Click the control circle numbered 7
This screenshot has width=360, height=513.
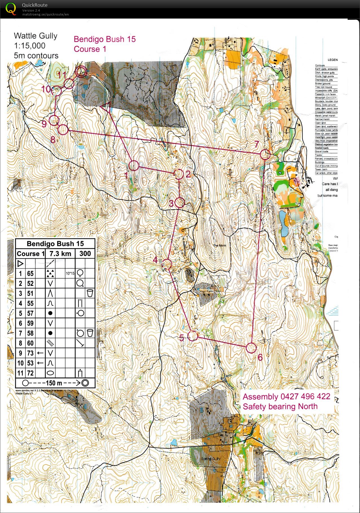(x=265, y=155)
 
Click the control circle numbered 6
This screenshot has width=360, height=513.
(x=251, y=348)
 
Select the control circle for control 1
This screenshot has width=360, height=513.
(x=134, y=166)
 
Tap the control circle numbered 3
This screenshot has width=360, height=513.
(x=180, y=202)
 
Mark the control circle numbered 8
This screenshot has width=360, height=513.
(x=63, y=130)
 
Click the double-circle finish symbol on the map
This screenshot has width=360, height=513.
(x=81, y=72)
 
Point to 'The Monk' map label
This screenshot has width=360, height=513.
(x=219, y=245)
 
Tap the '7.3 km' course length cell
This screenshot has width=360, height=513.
(x=60, y=254)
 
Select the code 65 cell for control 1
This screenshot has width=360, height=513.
(x=30, y=274)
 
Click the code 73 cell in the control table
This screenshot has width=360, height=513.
(x=30, y=353)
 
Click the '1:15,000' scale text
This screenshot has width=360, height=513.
(x=30, y=46)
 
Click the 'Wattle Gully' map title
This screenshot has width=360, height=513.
(x=36, y=36)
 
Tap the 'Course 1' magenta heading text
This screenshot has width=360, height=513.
(x=90, y=49)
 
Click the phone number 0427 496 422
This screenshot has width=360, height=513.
(x=305, y=397)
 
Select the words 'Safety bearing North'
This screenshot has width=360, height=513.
(x=280, y=406)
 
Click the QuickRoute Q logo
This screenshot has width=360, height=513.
(x=11, y=9)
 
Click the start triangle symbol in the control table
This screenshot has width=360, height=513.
(x=20, y=264)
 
